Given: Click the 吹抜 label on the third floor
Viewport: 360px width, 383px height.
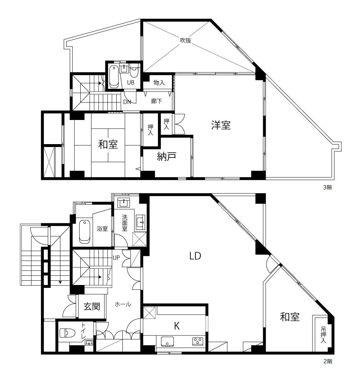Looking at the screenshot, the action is point(185,40).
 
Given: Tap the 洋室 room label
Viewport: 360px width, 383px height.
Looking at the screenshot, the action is point(221,125).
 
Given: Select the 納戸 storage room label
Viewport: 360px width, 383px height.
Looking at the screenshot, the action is point(166,157).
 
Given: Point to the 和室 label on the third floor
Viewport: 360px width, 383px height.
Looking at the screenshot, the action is point(108,144).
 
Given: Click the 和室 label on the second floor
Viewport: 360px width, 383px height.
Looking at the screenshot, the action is point(290,317).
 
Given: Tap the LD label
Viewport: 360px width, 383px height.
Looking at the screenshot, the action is point(195,256).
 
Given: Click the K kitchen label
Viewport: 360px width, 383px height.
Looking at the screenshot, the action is point(177,326).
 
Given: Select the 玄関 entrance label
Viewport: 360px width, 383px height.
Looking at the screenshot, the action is point(92,306).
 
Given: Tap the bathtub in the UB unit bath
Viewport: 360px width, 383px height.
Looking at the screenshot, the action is point(114,77).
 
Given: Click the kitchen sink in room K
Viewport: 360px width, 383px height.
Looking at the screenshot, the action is point(167,342).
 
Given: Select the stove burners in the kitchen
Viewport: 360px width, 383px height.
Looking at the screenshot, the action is point(197,341).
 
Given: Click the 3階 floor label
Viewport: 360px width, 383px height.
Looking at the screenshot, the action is point(328,187).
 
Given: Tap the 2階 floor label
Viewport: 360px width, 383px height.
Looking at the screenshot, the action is point(328,361).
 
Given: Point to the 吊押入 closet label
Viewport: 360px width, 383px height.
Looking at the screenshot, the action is point(323,335).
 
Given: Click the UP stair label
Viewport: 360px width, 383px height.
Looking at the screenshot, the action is point(116,258).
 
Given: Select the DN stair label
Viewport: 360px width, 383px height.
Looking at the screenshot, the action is point(127,102).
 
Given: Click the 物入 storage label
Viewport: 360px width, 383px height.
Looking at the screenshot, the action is point(159,83).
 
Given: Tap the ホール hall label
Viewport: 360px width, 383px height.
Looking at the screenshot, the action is point(123,304).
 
